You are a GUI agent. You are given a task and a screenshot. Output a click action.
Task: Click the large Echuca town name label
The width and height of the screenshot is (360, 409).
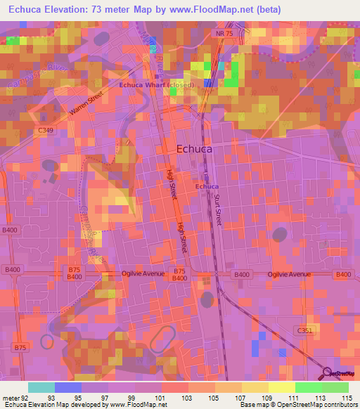pos(194,148)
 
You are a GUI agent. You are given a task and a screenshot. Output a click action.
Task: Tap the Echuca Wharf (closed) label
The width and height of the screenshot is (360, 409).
pos(157,84)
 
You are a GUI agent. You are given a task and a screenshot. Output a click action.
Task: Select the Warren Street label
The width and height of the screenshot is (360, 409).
pos(86,103)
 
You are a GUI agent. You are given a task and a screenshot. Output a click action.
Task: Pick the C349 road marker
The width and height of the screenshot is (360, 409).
pos(46,131)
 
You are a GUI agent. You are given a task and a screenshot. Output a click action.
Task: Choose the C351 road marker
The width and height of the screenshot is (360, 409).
pos(304,330)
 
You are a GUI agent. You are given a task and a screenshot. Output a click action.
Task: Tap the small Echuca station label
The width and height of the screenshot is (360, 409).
pos(207,186)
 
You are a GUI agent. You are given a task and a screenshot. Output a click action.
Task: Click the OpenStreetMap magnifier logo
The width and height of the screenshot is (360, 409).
pos(328,372)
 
